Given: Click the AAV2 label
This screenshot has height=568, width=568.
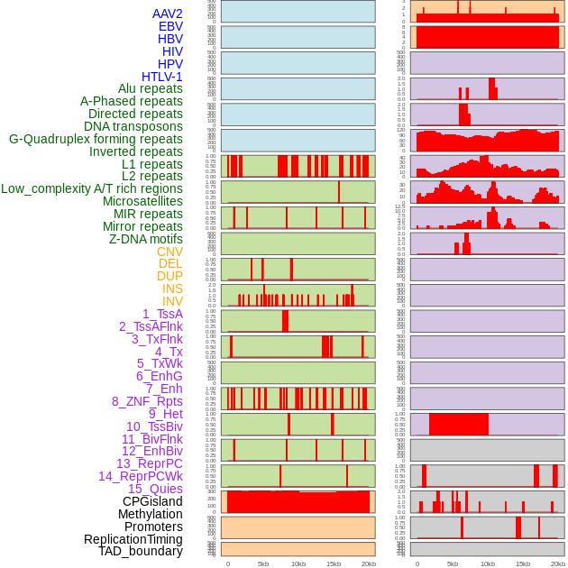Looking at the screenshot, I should pos(167,14).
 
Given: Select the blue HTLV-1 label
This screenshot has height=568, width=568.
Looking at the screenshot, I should pos(161,77).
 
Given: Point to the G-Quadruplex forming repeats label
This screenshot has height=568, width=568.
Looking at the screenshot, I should pos(96,139).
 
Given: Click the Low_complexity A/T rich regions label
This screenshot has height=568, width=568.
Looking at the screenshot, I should pos(92,188).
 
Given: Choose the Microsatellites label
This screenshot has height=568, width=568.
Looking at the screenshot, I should pos(142,201).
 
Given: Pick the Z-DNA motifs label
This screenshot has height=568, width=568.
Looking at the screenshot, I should pos(146,239).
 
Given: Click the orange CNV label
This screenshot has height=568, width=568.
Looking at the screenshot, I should pos(169,252).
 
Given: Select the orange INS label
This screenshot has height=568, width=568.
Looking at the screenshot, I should pos(172,289).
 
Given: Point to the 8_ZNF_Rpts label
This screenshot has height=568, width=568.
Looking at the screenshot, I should pos(147,401).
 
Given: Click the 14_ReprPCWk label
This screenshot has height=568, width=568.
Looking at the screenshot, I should pos(140,476).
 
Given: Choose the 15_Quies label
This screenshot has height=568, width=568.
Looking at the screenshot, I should pos(155,489).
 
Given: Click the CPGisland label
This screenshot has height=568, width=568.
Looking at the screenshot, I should pos(152,501).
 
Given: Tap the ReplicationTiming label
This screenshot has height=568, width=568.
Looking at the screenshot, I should pos(133,539).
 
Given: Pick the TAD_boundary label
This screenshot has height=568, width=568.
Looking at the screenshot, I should pos(141,551).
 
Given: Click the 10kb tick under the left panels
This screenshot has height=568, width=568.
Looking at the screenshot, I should pos(298,563).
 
